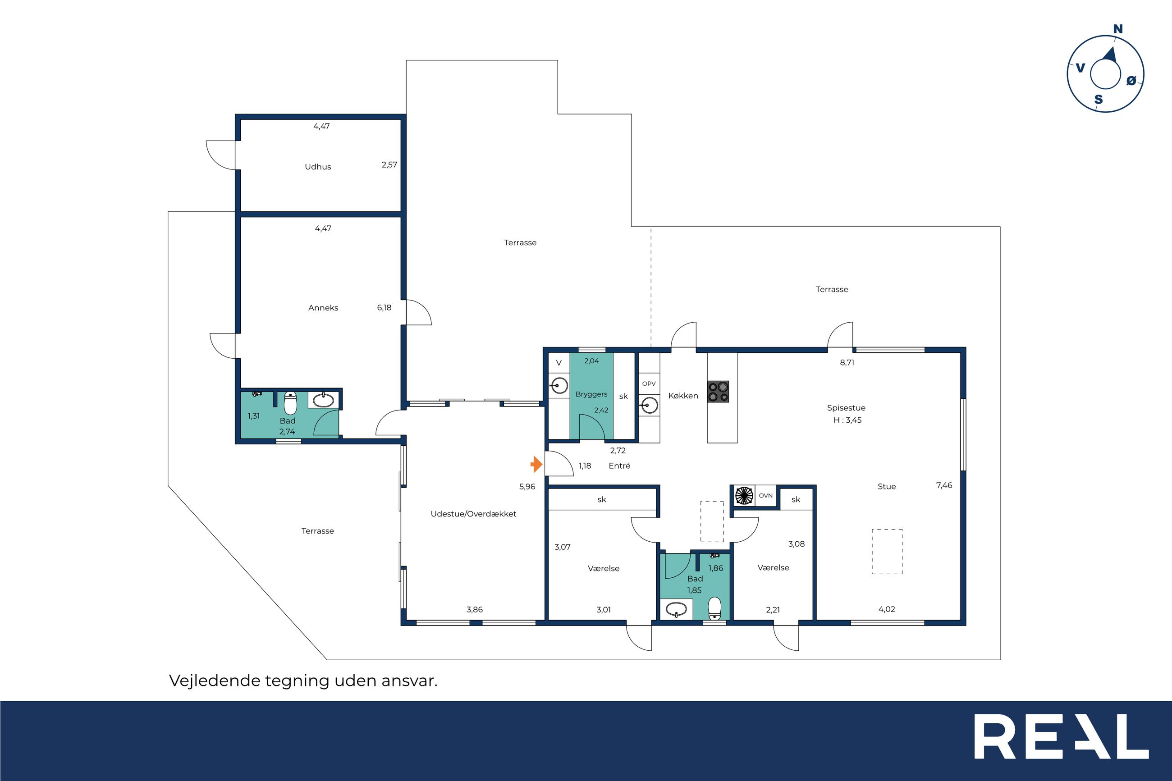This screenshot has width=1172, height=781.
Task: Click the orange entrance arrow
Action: [536, 464]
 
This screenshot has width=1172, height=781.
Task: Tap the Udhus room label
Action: [318, 167]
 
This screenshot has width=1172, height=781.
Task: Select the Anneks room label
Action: [323, 308]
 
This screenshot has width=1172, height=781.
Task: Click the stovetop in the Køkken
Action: [718, 392]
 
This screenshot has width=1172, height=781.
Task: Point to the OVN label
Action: [765, 496]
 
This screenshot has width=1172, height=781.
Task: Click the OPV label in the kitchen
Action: [649, 384]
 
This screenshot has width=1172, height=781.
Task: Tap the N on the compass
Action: [1118, 29]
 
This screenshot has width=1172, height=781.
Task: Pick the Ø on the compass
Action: [1131, 80]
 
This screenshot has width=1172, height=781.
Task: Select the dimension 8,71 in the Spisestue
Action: [847, 363]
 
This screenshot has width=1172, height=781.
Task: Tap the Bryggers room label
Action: [591, 394]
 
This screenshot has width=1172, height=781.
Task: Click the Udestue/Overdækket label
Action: [473, 514]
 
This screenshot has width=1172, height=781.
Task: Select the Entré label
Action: [619, 466]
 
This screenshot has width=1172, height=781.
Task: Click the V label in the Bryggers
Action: [559, 363]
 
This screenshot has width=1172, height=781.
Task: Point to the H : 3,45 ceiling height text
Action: [847, 420]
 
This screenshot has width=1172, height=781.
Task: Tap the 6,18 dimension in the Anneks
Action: [384, 308]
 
